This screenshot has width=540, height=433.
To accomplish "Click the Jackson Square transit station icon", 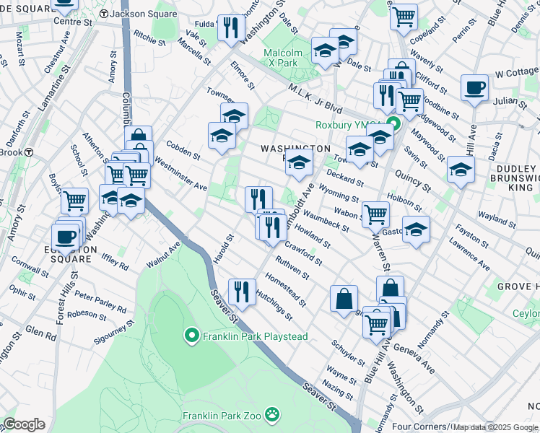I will point(104,14).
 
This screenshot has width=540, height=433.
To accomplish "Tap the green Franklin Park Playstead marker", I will point(191,336).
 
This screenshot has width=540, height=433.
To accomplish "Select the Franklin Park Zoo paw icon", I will point(272,415).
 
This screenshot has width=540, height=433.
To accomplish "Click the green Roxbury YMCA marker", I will point(393,124).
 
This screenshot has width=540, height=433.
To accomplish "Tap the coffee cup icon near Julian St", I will point(474,88).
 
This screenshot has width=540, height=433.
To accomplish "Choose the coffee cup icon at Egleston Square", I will point(65,235).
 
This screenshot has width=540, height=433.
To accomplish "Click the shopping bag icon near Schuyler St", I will point(344,297).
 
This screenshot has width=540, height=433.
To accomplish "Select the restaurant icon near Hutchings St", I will point(240,291).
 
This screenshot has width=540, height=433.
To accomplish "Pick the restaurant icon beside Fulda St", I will point(230,28).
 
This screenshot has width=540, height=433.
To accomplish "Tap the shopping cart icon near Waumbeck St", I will point(375,213).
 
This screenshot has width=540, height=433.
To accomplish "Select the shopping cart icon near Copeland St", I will point(404,14).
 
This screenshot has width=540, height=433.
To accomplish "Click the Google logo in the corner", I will point(24,424).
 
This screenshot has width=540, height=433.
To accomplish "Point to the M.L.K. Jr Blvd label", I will point(314,97).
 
